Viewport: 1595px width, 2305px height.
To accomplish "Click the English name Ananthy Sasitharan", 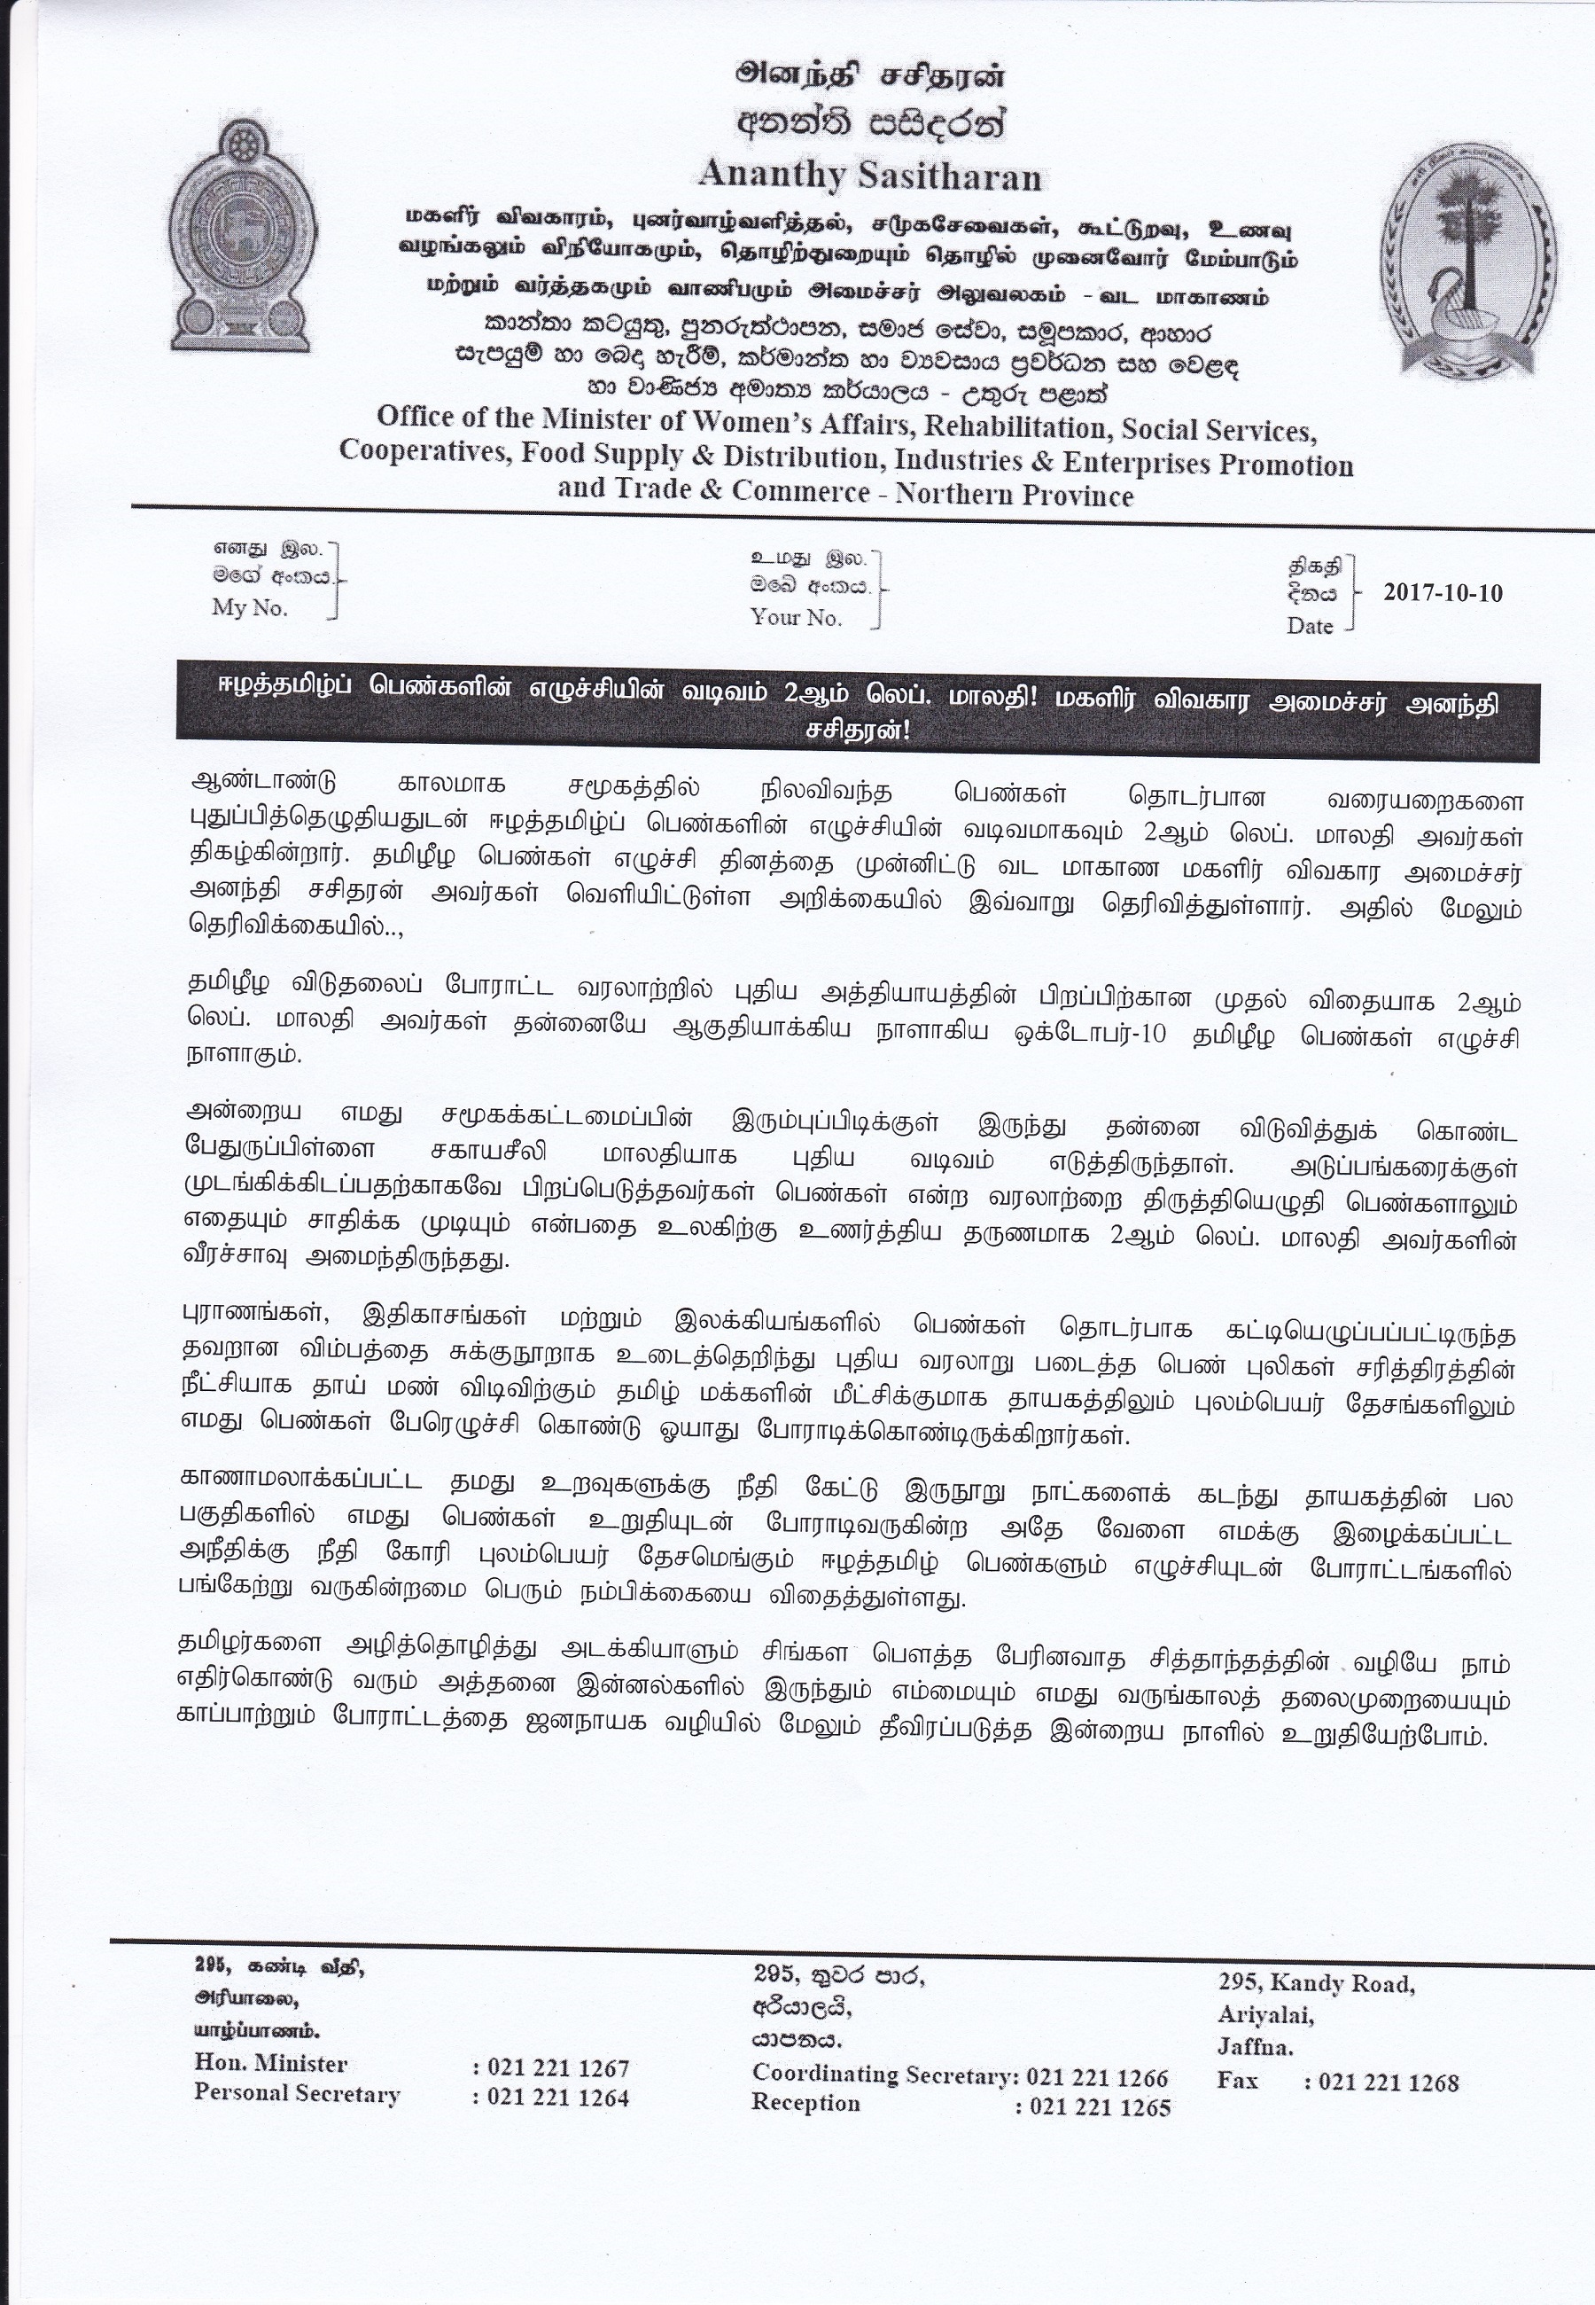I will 869,176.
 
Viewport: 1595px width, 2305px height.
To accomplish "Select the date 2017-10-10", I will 1442,591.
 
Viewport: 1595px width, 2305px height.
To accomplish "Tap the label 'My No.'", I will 250,608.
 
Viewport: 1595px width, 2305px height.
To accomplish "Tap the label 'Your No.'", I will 797,617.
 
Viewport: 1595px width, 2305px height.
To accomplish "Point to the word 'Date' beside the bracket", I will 1311,626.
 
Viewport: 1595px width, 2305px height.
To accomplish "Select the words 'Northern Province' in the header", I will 1015,495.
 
